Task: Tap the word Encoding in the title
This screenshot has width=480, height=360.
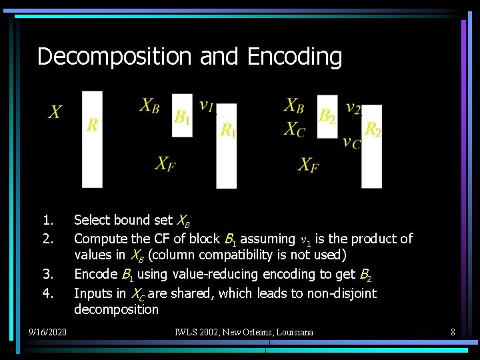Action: [x=294, y=57]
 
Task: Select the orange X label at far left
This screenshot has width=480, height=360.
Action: [x=56, y=112]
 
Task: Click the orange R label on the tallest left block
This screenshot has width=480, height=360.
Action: [x=93, y=125]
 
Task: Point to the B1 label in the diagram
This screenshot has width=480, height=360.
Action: [x=182, y=117]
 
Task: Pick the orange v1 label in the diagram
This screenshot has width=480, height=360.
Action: [x=207, y=105]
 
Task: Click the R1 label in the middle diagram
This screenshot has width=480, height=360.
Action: [x=228, y=130]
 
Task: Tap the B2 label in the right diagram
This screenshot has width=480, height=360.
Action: [x=327, y=117]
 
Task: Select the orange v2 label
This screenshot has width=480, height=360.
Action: [x=353, y=107]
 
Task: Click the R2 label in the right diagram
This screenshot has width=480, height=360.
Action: [x=373, y=129]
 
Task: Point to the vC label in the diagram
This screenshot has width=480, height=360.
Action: [x=351, y=142]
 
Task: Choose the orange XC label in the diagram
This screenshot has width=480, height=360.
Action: [x=294, y=129]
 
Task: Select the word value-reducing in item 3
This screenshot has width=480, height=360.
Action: [x=206, y=274]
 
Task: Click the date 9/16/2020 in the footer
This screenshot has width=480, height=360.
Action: [x=47, y=331]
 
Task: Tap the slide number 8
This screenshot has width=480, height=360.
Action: [x=453, y=331]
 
